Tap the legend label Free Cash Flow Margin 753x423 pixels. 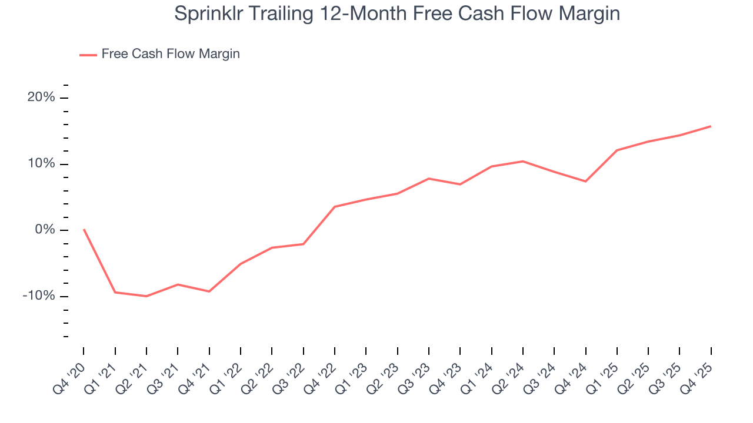[x=171, y=54]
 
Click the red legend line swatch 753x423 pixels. [x=88, y=55]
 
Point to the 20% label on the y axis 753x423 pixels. [x=41, y=98]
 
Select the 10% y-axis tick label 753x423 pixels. [x=41, y=164]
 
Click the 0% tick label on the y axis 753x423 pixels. [x=45, y=230]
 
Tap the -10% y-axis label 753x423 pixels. [x=39, y=296]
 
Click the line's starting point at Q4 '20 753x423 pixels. [x=84, y=229]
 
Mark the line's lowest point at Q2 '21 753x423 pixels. [x=146, y=296]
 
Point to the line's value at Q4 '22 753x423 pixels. [x=335, y=207]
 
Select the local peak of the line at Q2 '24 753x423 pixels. [x=523, y=161]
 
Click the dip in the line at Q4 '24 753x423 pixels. [x=585, y=181]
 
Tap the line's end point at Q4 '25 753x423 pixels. [x=711, y=126]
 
